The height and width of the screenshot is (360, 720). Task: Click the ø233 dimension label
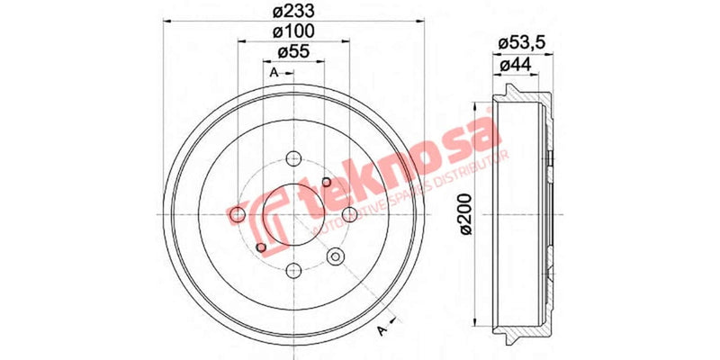(293, 11)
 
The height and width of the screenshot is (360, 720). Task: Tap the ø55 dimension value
(293, 52)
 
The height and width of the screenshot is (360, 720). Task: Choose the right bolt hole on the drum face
(348, 213)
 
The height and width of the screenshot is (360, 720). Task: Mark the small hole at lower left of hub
(261, 247)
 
